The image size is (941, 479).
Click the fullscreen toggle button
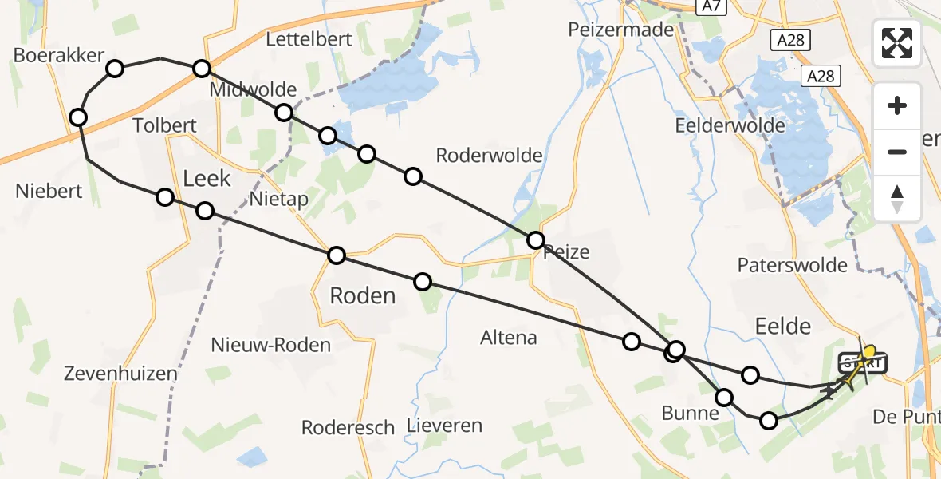click(897, 43)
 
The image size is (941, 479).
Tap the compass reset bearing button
click(897, 199)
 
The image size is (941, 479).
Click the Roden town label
click(362, 296)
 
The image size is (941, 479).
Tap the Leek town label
click(207, 178)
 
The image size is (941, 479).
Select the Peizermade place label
click(621, 29)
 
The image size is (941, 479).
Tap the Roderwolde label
click(490, 156)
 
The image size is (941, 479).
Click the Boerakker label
click(60, 55)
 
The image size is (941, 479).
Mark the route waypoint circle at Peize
click(536, 239)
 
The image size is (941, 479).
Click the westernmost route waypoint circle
click(78, 118)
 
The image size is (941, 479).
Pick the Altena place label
click(509, 338)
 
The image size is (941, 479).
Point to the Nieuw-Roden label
click(271, 345)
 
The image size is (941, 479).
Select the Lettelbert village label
click(309, 39)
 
